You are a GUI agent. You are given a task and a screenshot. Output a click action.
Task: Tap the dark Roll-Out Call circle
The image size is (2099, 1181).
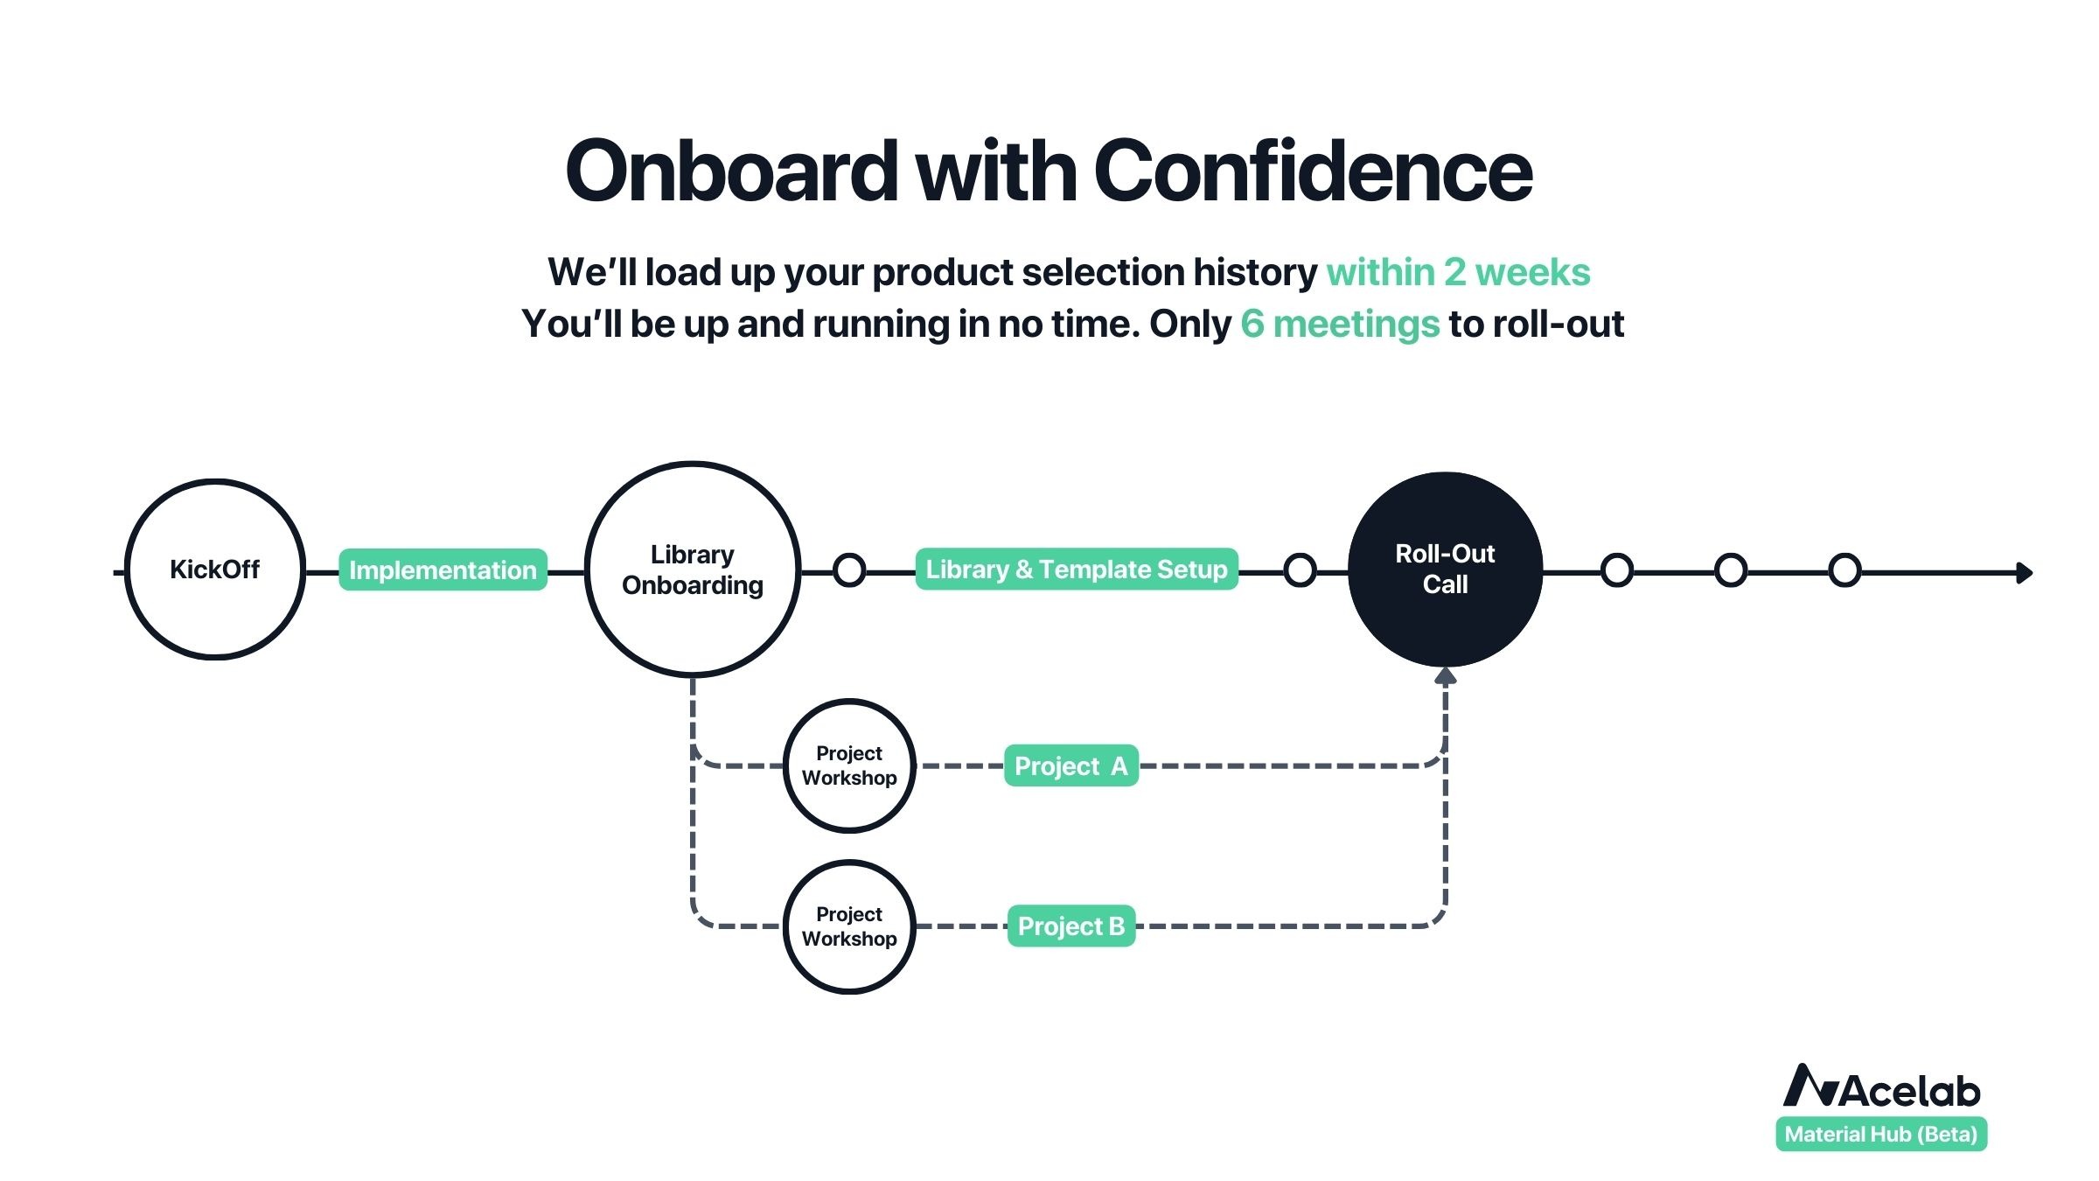[1445, 570]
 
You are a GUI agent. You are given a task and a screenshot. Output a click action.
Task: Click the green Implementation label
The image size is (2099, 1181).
[443, 570]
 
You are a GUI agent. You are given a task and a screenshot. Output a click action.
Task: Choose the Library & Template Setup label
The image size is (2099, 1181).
[1077, 569]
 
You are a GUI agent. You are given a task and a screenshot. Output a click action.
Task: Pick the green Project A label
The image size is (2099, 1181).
[1071, 765]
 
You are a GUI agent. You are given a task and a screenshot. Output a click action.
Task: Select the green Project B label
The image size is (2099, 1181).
[1071, 926]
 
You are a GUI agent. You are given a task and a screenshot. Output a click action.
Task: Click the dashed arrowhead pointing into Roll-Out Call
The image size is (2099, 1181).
[1446, 675]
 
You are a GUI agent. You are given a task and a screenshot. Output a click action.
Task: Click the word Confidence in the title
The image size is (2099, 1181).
[1313, 171]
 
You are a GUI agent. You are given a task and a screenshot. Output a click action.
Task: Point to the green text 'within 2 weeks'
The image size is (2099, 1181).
[1458, 272]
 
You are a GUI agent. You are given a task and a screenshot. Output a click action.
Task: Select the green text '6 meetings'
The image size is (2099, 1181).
[1340, 325]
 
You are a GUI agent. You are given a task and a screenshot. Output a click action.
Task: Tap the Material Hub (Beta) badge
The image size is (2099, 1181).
[1881, 1134]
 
